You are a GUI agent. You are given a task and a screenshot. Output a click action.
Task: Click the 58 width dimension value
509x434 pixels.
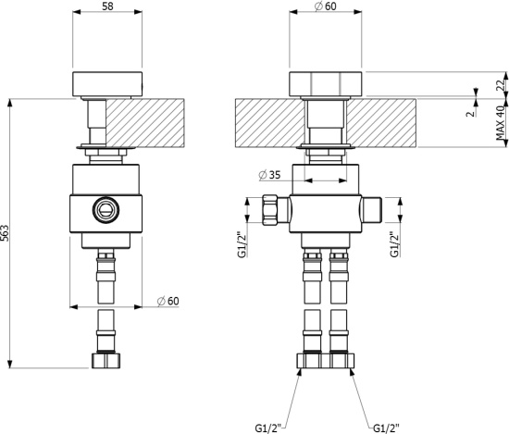(107, 6)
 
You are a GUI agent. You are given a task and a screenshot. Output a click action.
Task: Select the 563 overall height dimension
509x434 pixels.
(5, 233)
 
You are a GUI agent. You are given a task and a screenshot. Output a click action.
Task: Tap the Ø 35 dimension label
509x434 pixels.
(269, 175)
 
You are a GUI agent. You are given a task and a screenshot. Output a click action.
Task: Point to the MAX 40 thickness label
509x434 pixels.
(501, 123)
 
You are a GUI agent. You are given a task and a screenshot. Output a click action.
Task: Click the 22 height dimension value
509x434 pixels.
(501, 85)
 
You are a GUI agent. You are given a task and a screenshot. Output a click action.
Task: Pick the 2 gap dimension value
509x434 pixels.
(471, 114)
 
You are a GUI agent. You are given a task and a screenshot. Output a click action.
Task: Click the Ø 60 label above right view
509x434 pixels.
(326, 6)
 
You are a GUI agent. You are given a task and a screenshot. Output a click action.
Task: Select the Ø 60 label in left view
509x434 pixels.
(168, 301)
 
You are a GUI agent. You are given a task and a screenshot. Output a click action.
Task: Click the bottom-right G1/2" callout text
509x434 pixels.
(386, 428)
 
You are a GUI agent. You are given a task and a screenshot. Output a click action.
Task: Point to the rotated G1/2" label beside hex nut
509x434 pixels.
(242, 244)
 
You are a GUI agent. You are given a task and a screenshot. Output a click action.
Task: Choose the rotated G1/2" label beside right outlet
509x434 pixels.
(394, 244)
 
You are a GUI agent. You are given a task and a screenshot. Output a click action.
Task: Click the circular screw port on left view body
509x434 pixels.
(106, 209)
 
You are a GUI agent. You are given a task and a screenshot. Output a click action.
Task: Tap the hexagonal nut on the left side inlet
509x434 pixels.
(270, 210)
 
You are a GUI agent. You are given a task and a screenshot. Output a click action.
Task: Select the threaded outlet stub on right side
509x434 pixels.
(372, 210)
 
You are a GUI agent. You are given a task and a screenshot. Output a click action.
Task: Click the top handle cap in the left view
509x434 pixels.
(107, 84)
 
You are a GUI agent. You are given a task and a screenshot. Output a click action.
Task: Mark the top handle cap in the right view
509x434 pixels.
(326, 84)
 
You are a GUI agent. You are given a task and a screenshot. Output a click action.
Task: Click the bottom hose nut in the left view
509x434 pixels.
(106, 361)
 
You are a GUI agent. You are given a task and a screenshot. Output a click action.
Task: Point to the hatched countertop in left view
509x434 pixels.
(145, 123)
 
